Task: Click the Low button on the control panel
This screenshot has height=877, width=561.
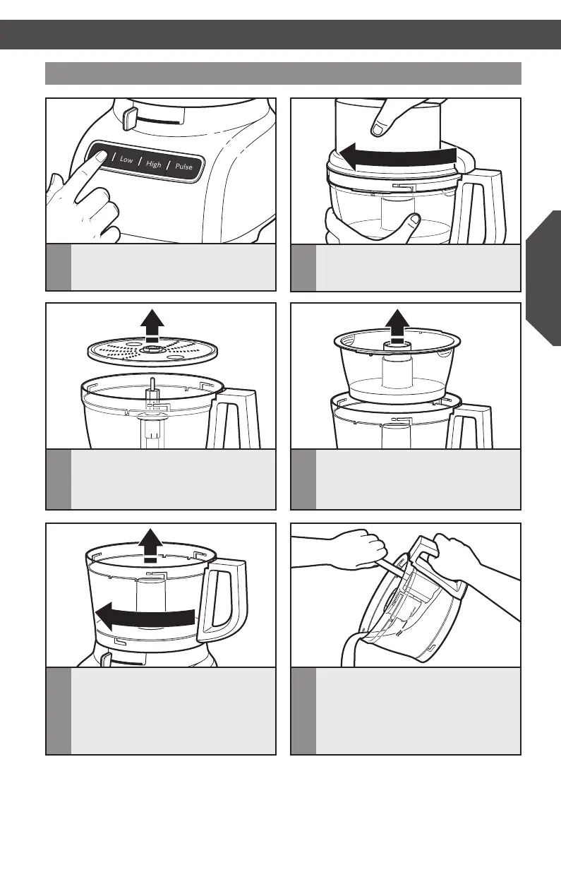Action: coord(126,160)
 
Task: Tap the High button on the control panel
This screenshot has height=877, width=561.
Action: coord(153,164)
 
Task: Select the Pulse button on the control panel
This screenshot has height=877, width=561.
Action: coord(184,167)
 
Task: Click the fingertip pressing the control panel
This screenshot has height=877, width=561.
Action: coord(101,157)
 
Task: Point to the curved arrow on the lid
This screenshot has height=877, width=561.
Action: coord(397,156)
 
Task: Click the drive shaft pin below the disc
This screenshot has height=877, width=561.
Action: coord(152,387)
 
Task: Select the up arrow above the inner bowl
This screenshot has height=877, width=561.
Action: coord(397,326)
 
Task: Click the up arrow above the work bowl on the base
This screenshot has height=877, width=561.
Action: coord(151,545)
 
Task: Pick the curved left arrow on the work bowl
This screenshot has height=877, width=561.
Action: coord(145,616)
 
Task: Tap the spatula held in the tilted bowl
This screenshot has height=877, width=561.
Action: coord(387,567)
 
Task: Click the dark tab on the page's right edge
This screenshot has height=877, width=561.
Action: coord(543,278)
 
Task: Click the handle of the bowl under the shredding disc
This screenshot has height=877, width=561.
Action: coord(233,418)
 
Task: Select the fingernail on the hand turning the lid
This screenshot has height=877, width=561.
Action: coord(378,129)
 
